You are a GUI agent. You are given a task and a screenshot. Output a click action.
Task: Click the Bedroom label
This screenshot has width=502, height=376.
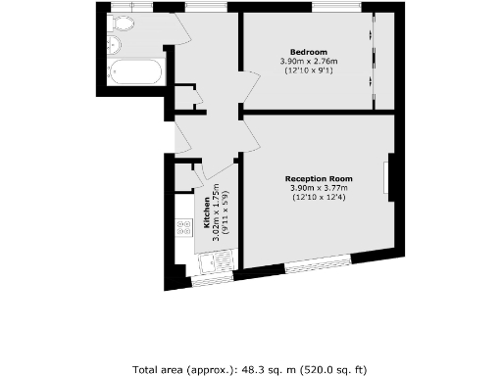point(308,51)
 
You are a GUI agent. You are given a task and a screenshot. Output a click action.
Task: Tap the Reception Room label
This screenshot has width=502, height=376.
point(318,178)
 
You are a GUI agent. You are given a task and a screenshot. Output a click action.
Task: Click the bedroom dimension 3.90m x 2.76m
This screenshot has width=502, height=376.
point(308,62)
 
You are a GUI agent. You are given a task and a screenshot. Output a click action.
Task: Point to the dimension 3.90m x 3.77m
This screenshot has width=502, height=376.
point(318,188)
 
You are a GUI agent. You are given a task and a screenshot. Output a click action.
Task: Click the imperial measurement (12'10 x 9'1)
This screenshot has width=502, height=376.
point(308,71)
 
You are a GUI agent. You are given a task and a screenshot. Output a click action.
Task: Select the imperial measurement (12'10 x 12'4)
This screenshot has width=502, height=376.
point(318,199)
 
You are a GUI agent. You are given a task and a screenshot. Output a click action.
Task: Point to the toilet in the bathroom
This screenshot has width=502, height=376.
point(125,23)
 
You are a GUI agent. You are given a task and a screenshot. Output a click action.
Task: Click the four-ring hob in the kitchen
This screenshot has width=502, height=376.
point(182,228)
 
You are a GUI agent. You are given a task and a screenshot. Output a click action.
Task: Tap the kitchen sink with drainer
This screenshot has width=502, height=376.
point(214,261)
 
